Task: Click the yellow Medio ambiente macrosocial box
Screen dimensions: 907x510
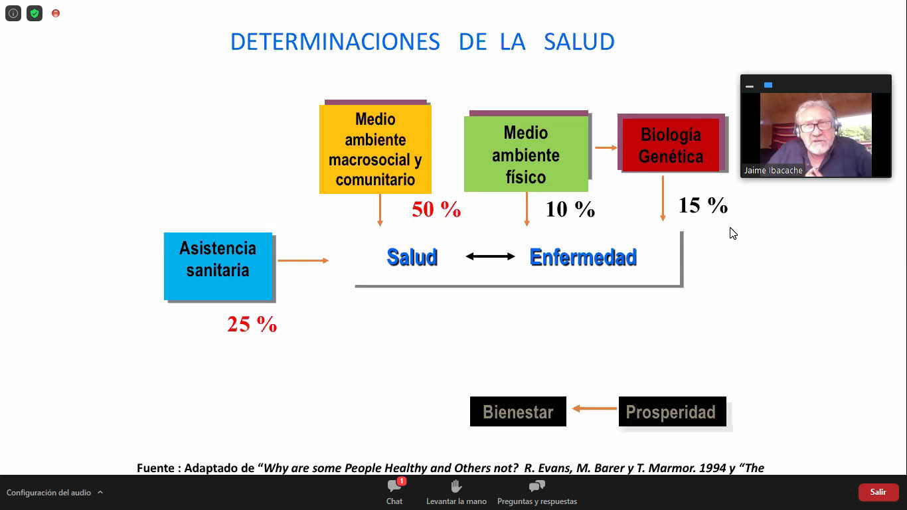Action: [375, 149]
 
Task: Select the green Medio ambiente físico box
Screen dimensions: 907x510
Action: [526, 154]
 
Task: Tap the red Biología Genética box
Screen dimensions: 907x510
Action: [671, 145]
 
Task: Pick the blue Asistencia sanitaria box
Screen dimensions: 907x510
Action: [218, 266]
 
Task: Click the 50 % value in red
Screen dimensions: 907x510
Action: [436, 209]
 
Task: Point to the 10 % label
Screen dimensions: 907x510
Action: [570, 209]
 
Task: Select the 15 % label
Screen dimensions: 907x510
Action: [703, 205]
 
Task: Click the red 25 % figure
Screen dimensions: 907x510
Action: [252, 325]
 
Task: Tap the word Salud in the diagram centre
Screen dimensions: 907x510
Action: [412, 257]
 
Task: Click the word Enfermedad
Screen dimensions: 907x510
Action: [583, 257]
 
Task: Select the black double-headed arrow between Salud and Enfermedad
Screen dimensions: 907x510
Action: [490, 256]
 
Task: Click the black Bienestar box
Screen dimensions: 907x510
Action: [518, 412]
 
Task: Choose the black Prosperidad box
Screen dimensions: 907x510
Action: [672, 412]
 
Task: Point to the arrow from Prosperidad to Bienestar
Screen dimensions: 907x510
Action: [594, 408]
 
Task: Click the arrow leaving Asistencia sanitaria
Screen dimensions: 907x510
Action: [303, 260]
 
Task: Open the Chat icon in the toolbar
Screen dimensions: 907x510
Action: [394, 485]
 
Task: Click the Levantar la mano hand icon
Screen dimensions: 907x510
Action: [456, 486]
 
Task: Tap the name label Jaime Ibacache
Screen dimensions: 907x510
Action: [773, 171]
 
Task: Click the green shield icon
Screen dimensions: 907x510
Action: [35, 13]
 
